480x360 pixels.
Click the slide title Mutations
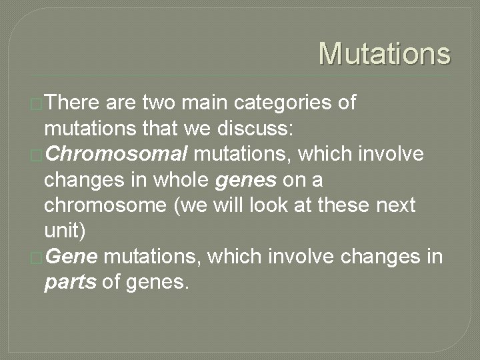pyautogui.click(x=384, y=53)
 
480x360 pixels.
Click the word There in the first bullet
pyautogui.click(x=73, y=103)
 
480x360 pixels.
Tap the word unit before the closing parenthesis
pyautogui.click(x=61, y=231)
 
